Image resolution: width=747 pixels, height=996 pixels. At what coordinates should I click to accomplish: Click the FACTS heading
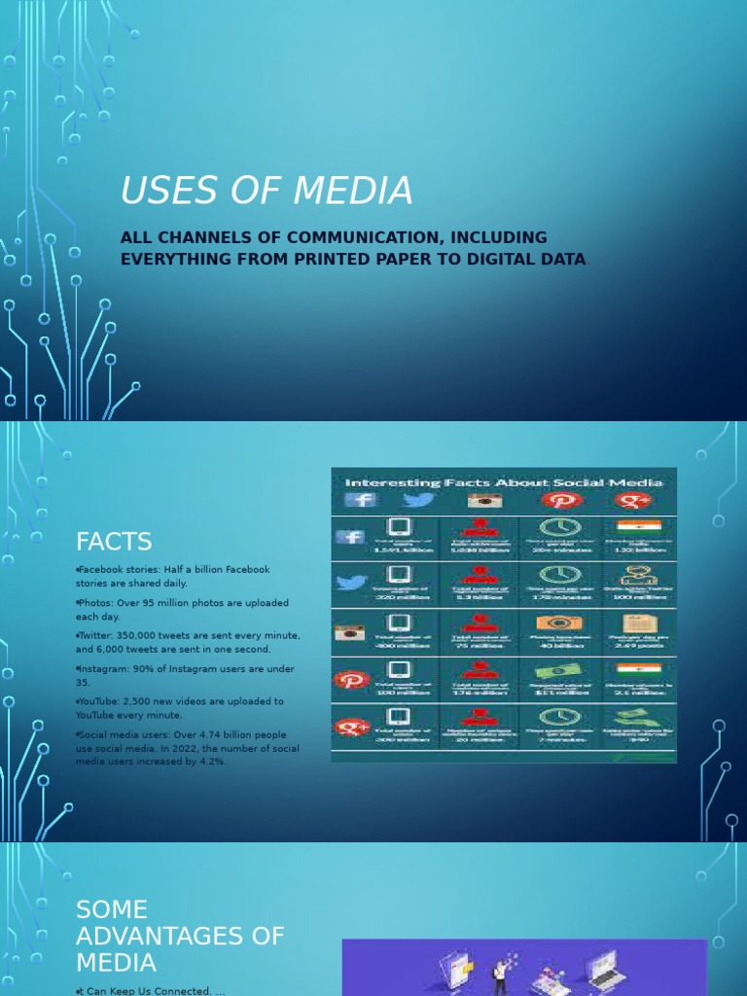(114, 541)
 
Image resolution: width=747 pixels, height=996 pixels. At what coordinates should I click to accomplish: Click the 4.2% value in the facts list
(208, 762)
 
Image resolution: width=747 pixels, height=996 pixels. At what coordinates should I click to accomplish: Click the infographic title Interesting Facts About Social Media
(504, 482)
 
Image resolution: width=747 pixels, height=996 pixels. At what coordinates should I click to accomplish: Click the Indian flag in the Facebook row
(638, 526)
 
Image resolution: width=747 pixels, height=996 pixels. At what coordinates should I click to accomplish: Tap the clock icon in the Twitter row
(558, 575)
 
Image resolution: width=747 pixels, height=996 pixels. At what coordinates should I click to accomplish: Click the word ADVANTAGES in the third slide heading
(180, 936)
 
